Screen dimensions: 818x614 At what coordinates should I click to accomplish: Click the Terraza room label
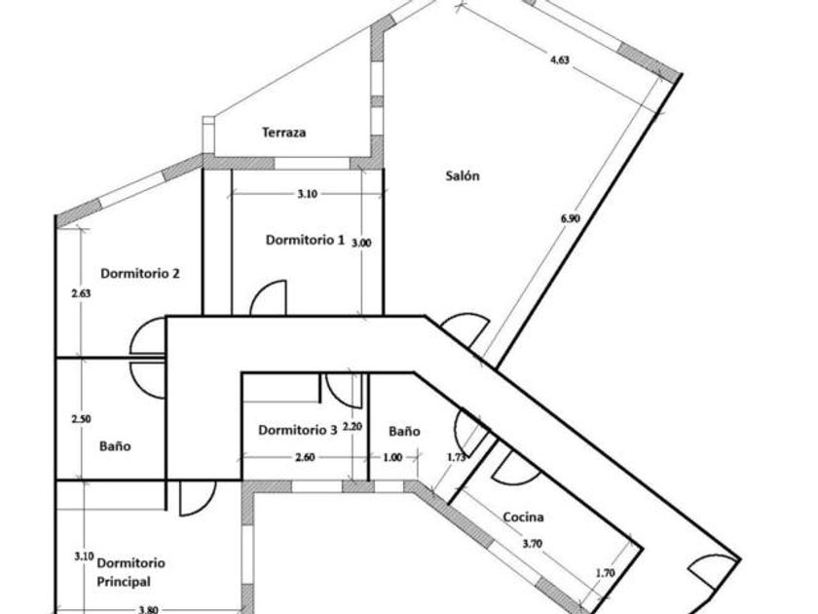pos(284,133)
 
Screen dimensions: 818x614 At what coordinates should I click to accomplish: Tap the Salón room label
pos(463,176)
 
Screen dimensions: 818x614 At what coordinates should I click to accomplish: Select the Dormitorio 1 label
pos(305,239)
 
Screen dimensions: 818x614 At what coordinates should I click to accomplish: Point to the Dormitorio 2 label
pos(139,274)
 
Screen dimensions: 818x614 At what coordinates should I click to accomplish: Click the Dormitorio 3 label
pos(298,429)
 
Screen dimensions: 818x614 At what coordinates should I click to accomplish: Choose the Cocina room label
pos(523,518)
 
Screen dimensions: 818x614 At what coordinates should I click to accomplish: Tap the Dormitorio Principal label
pos(130,572)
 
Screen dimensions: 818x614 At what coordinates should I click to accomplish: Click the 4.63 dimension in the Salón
pos(559,59)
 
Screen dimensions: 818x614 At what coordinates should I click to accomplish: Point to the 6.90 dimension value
pos(571,218)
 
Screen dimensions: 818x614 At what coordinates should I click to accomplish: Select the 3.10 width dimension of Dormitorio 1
pos(306,194)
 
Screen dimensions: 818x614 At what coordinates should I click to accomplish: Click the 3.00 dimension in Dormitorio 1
pos(360,243)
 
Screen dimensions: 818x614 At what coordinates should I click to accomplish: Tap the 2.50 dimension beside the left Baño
pos(82,418)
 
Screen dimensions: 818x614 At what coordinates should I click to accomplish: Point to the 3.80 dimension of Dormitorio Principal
pos(149,610)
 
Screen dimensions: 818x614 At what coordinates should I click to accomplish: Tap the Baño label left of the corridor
pos(115,446)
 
